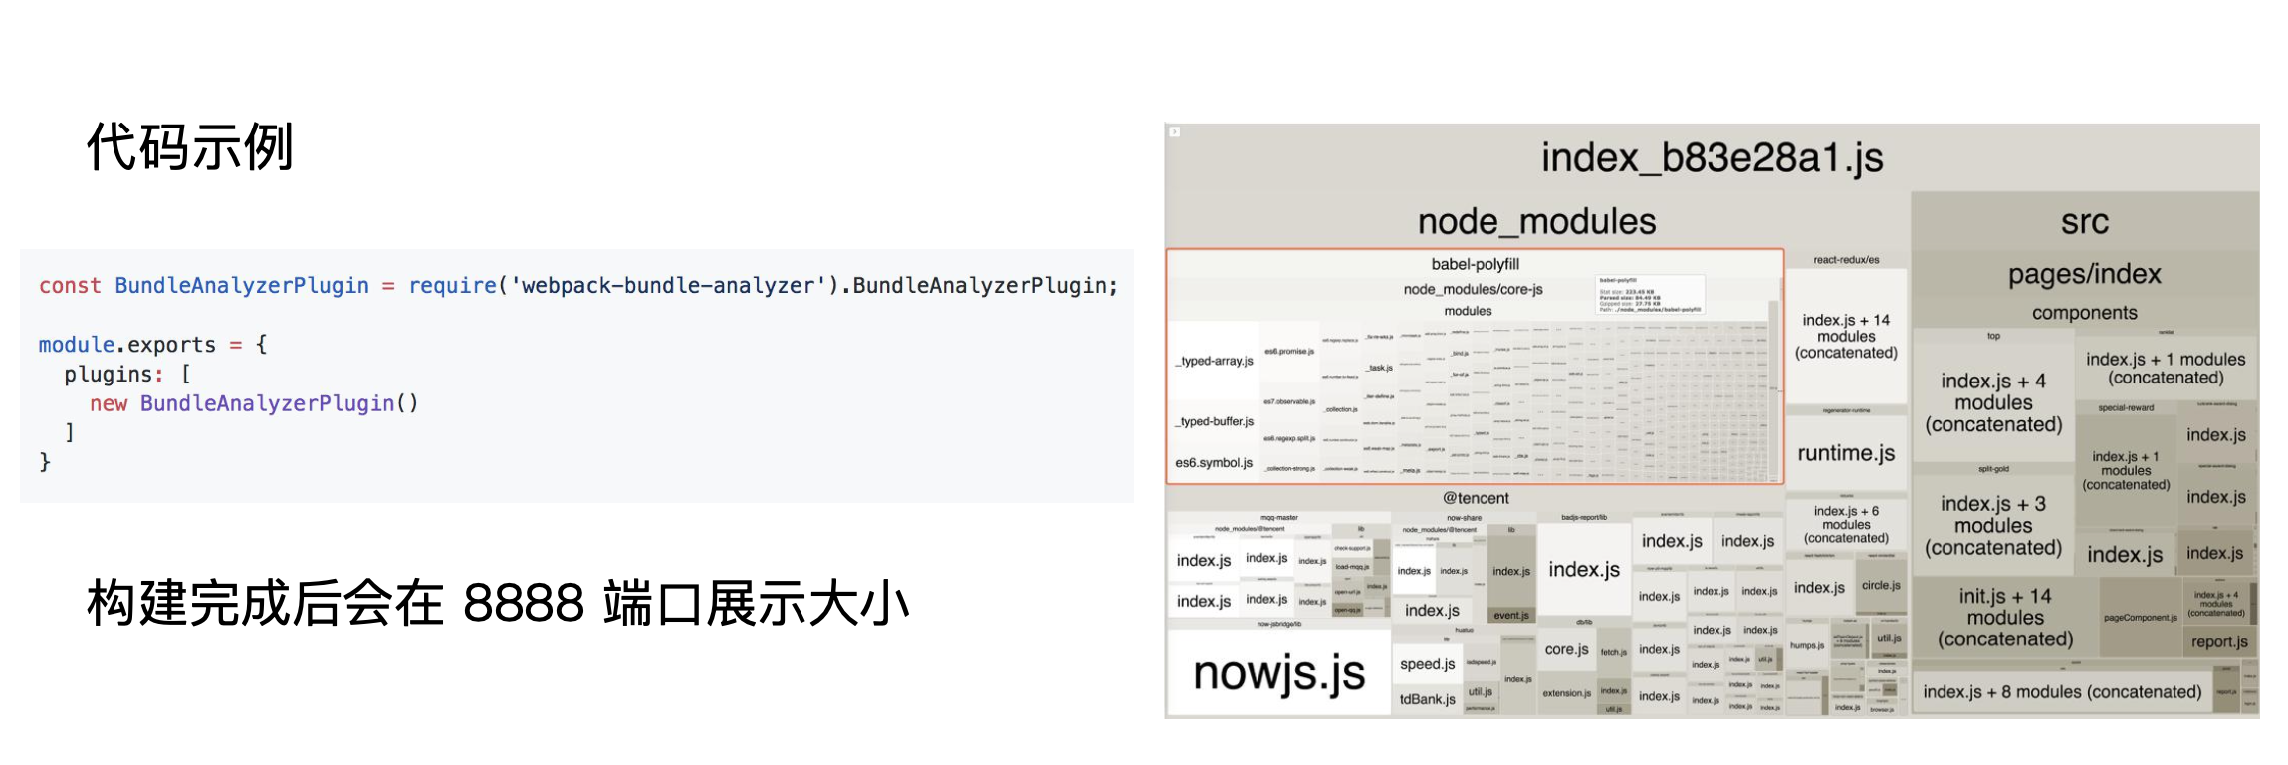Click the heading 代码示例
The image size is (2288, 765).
[x=189, y=147]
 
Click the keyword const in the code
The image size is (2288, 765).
[x=70, y=286]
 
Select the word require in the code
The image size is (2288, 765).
[x=452, y=286]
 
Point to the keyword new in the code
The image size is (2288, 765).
[x=109, y=403]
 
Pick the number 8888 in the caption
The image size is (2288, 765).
[x=523, y=603]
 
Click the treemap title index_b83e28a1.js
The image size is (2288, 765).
[x=1712, y=157]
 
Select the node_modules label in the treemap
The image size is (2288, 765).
[x=1536, y=221]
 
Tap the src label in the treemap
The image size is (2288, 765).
[x=2084, y=221]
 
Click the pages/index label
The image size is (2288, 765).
[x=2084, y=274]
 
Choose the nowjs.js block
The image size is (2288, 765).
[x=1278, y=674]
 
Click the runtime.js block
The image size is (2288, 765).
[x=1846, y=453]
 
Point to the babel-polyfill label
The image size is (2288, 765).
[x=1475, y=264]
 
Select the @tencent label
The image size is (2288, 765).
[x=1476, y=498]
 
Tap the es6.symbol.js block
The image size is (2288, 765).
[x=1214, y=463]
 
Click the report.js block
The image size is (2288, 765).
[x=2218, y=642]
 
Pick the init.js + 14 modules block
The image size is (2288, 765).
[x=2004, y=618]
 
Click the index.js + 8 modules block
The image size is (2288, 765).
[x=2061, y=692]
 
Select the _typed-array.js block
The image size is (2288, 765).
[x=1214, y=361]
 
